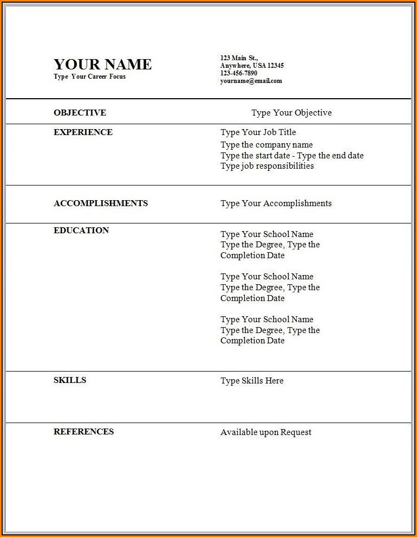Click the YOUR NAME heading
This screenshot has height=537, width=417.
(102, 64)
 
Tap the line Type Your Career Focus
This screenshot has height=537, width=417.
(89, 76)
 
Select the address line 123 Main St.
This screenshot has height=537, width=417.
(239, 57)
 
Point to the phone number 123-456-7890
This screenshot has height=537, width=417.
(239, 73)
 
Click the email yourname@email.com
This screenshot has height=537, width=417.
(251, 81)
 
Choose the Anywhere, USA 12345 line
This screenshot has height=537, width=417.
(252, 66)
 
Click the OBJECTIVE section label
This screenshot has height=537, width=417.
(80, 113)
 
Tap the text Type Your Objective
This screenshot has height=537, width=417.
(291, 113)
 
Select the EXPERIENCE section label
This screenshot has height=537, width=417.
(83, 132)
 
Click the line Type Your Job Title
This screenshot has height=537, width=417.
(258, 132)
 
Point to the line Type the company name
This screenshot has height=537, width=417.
(266, 145)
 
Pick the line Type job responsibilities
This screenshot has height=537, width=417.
(267, 166)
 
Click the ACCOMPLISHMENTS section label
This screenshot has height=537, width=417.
(100, 203)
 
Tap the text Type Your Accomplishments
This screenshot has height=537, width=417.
(276, 203)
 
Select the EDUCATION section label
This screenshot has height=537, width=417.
(81, 231)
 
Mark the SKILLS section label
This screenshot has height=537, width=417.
(70, 380)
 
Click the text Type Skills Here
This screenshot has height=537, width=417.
(252, 381)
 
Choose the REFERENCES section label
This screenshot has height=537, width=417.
(83, 432)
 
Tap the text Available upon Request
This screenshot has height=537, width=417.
(266, 432)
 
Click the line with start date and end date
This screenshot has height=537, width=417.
(292, 156)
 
